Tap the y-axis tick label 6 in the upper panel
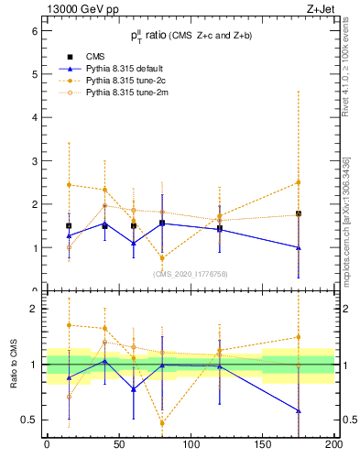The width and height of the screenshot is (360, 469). (x=34, y=30)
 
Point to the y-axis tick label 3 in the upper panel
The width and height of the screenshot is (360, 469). (x=34, y=161)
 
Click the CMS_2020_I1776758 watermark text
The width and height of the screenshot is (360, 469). (x=191, y=273)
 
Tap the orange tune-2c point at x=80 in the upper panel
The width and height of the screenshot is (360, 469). (x=162, y=258)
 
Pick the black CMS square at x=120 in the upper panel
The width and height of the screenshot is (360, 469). (x=219, y=228)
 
